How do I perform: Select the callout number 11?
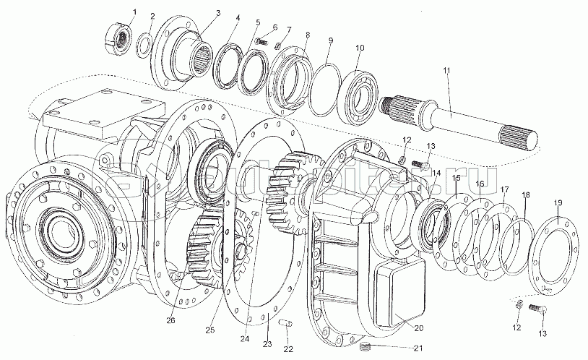tap(447, 70)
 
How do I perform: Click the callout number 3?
tap(198, 14)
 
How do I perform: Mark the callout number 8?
tap(308, 35)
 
